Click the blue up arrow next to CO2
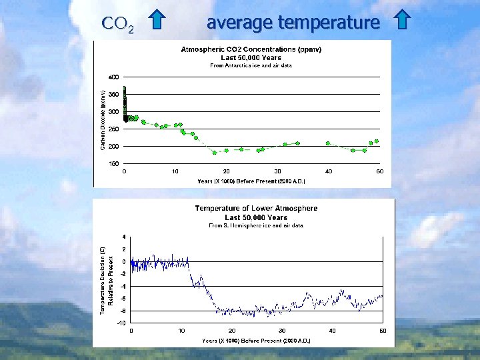[x=156, y=21]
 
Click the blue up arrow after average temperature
[x=401, y=21]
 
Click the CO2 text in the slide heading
[x=118, y=25]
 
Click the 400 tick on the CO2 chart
[x=114, y=77]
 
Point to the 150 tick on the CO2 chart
[x=114, y=163]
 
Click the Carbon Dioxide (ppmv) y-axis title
[x=103, y=120]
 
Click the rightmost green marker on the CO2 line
[x=377, y=141]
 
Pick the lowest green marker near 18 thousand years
[x=215, y=153]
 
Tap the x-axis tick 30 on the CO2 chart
[x=277, y=171]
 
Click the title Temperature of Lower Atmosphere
[x=256, y=209]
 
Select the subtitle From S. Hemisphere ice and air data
[x=256, y=225]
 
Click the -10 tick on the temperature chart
[x=121, y=323]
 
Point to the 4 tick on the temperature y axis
[x=123, y=237]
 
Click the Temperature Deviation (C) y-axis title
[x=103, y=280]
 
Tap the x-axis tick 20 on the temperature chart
[x=232, y=331]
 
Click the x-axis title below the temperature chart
[x=256, y=340]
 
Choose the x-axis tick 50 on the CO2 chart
[x=379, y=171]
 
